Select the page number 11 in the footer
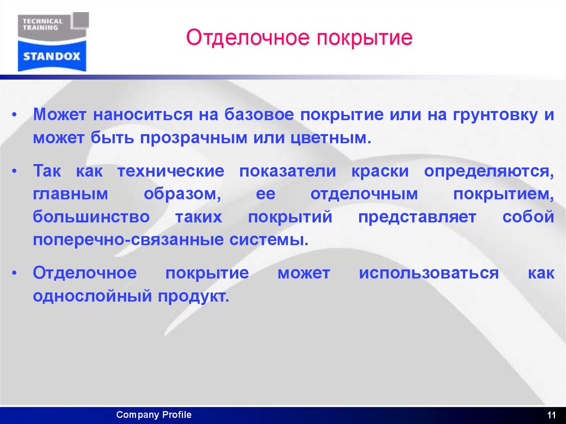(x=551, y=416)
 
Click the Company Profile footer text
(x=154, y=415)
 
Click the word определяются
(x=489, y=171)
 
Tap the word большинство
(x=91, y=217)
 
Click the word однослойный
(x=92, y=296)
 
